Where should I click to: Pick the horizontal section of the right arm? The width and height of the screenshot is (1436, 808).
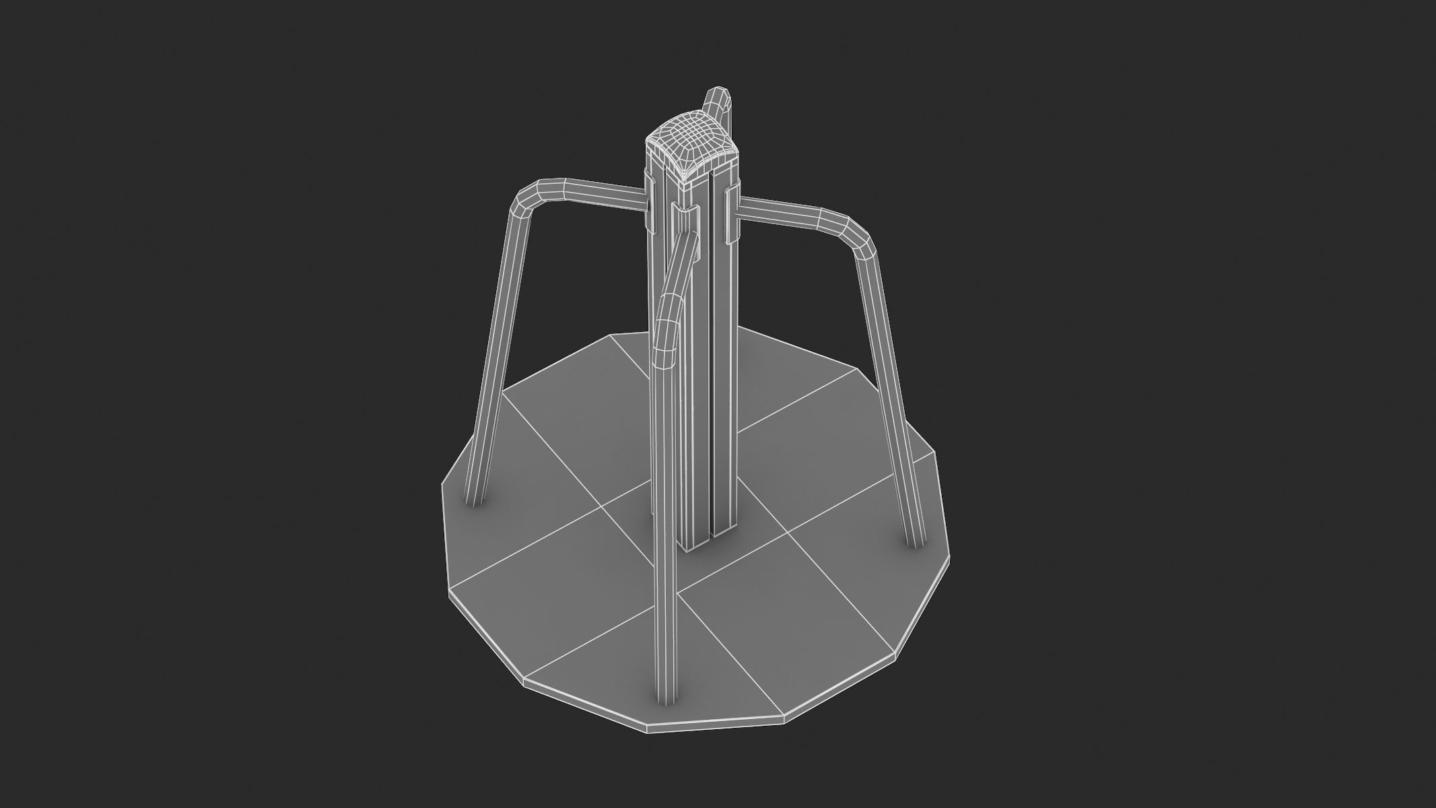click(x=781, y=212)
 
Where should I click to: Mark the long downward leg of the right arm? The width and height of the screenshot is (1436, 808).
click(x=889, y=391)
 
